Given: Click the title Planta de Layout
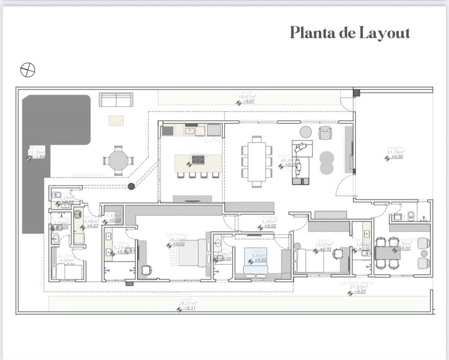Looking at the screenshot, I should pyautogui.click(x=350, y=33).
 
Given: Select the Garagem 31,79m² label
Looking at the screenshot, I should pyautogui.click(x=396, y=152).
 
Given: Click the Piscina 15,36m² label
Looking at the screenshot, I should pyautogui.click(x=37, y=152).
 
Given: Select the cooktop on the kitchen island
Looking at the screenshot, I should pyautogui.click(x=198, y=160).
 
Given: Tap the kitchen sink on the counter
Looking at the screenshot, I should pyautogui.click(x=190, y=131).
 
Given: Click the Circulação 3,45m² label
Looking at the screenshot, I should pyautogui.click(x=268, y=222).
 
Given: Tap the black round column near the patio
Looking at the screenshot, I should pyautogui.click(x=131, y=186).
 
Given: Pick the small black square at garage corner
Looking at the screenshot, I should pyautogui.click(x=356, y=93).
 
